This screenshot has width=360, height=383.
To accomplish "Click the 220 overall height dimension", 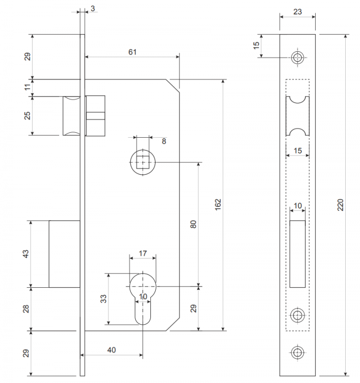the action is [x=340, y=205].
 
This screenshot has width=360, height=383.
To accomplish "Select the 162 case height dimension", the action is [x=218, y=204].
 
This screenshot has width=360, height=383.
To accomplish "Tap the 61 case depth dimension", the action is [x=132, y=52].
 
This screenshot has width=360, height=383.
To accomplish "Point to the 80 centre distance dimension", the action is [x=193, y=224].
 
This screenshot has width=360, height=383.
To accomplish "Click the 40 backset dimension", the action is [x=111, y=350].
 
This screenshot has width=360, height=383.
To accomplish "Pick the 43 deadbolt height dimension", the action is [x=26, y=254].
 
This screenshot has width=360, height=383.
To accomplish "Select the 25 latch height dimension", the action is [x=27, y=115].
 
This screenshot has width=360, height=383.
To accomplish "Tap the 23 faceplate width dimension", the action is [x=297, y=11].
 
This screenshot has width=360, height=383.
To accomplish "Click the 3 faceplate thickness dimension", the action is [x=93, y=8].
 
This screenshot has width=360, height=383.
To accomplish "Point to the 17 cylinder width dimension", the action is [x=143, y=253].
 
